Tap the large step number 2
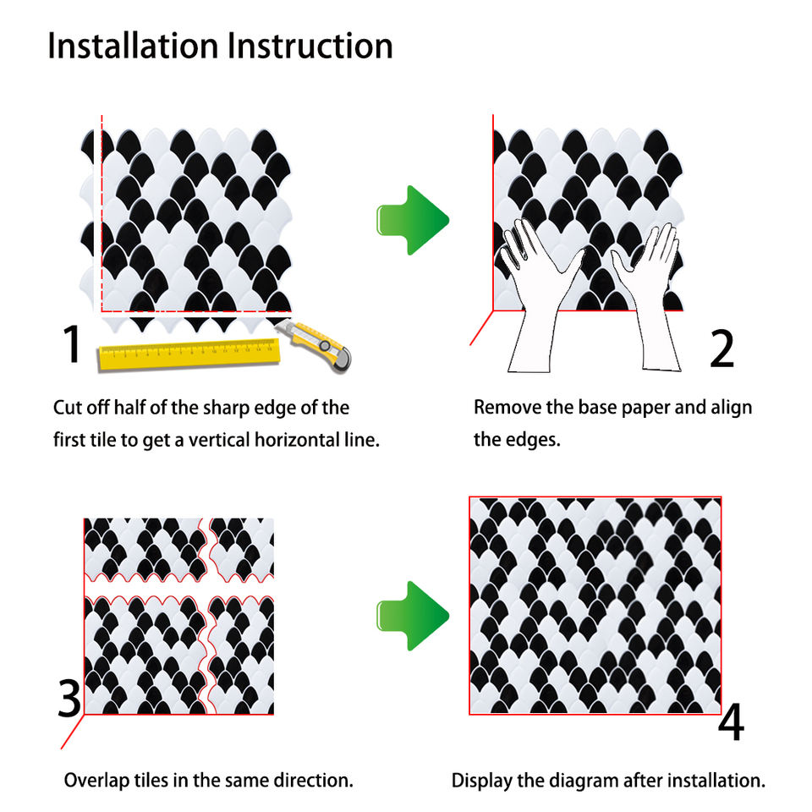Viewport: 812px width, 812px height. (721, 348)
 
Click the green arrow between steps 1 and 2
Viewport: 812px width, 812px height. (412, 220)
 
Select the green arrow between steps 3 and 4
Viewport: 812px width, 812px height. (412, 615)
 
